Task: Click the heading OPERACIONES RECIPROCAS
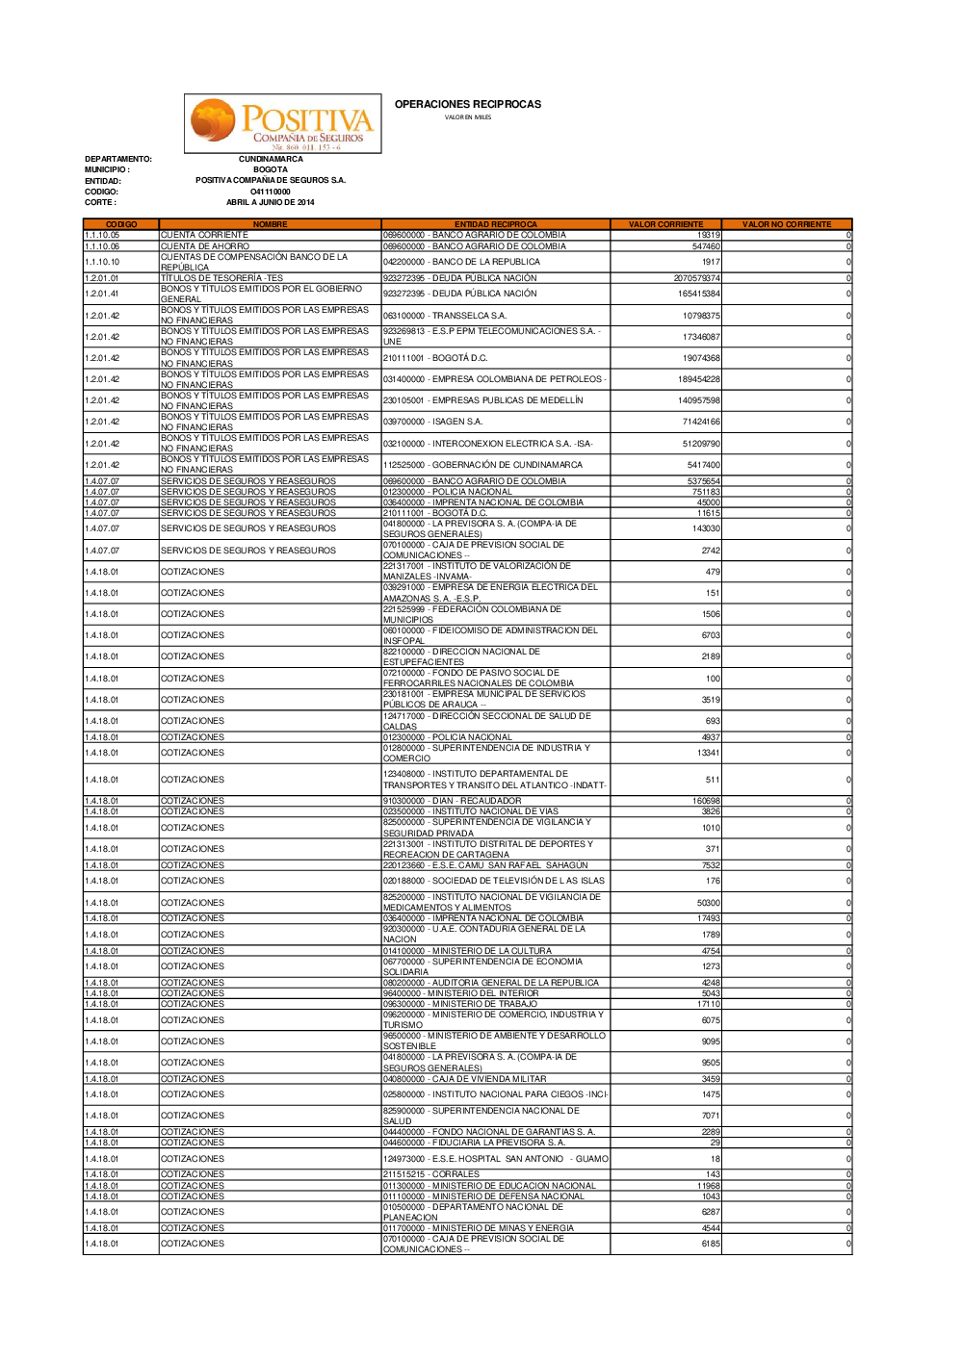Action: [x=468, y=104]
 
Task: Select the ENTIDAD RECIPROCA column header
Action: [x=495, y=224]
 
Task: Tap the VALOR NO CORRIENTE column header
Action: [x=786, y=224]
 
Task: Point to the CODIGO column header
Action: [x=120, y=224]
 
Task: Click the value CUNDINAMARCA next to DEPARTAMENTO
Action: [x=271, y=159]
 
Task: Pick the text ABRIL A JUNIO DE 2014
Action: [x=271, y=202]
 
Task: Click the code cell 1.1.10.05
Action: [x=102, y=235]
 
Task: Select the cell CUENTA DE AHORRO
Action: [x=205, y=246]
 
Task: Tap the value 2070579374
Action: [x=696, y=278]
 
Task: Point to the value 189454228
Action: [x=698, y=379]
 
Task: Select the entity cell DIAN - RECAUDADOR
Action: [x=453, y=801]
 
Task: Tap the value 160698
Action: [x=706, y=801]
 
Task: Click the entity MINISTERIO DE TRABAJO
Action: [x=461, y=1004]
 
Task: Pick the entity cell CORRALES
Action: [x=431, y=1174]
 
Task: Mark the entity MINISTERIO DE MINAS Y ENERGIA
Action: [x=479, y=1228]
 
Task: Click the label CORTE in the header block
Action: [x=100, y=202]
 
